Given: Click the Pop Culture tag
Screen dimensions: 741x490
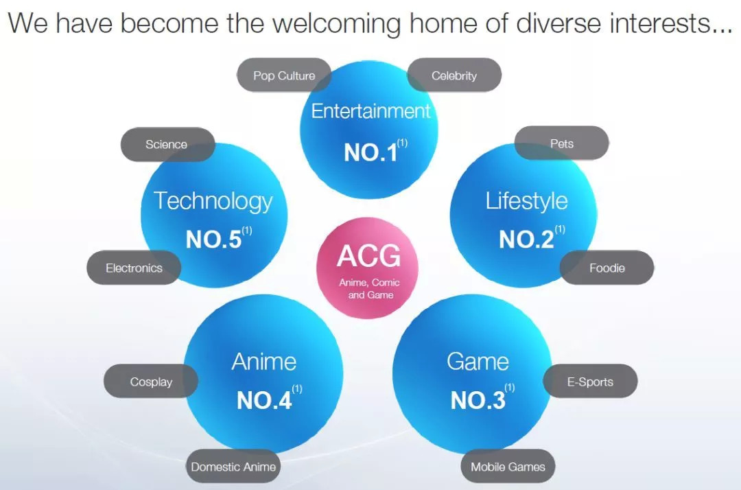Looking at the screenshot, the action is pyautogui.click(x=283, y=75).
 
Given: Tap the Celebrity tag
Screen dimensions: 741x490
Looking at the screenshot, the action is pyautogui.click(x=454, y=75).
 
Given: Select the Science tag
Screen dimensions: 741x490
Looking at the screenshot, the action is pyautogui.click(x=168, y=144).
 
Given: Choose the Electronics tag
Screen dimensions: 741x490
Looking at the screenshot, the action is pyautogui.click(x=134, y=268).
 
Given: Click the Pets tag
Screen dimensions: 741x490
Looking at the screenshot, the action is pyautogui.click(x=561, y=143).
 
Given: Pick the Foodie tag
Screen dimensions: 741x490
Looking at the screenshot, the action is pyautogui.click(x=607, y=268).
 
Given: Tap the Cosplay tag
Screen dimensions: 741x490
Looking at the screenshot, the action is pyautogui.click(x=151, y=382).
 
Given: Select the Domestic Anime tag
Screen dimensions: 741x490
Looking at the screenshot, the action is pyautogui.click(x=233, y=467).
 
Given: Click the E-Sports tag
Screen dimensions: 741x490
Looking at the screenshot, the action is pyautogui.click(x=590, y=382).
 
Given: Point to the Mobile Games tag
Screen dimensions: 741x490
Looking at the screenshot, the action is pyautogui.click(x=508, y=467).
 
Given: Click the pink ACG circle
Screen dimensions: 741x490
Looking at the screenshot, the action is pyautogui.click(x=367, y=268).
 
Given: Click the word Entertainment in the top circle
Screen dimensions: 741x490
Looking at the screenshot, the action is pyautogui.click(x=370, y=111).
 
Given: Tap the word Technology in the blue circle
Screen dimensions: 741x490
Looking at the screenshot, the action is pyautogui.click(x=213, y=201).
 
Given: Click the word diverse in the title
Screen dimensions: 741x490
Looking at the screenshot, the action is pyautogui.click(x=558, y=23).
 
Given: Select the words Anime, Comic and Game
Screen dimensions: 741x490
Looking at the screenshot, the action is pyautogui.click(x=370, y=289).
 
